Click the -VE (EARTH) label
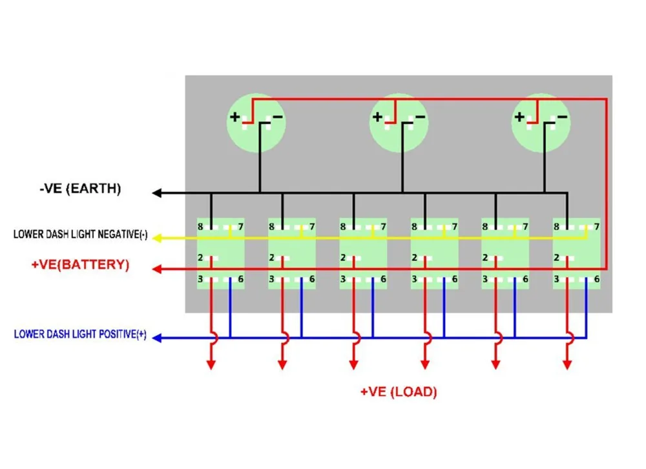click(80, 189)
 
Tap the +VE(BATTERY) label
click(80, 265)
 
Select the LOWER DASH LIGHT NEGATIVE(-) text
click(80, 235)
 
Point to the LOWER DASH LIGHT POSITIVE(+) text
click(80, 335)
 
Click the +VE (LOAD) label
click(399, 391)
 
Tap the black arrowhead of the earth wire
click(156, 193)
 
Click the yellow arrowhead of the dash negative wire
click(156, 236)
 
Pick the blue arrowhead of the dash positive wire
click(156, 337)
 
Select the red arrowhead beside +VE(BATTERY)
click(156, 268)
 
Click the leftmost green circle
click(256, 123)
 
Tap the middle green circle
click(399, 123)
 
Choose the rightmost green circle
click(541, 123)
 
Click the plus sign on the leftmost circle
click(234, 118)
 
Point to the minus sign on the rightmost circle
click(562, 117)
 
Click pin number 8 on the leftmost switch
click(200, 227)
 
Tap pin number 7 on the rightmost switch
click(597, 227)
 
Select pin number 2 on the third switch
click(343, 258)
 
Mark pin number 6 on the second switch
click(312, 279)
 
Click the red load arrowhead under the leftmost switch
click(211, 365)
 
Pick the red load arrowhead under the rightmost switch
click(567, 365)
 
